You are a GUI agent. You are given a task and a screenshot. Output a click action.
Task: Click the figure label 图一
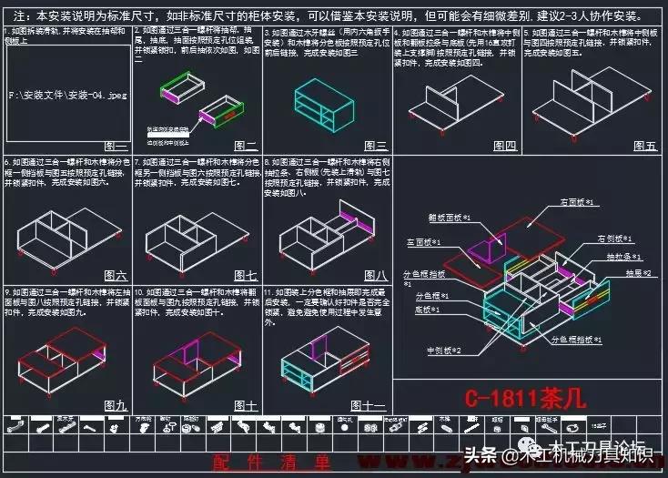point(116,146)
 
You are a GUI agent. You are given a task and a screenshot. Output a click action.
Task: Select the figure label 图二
point(245,146)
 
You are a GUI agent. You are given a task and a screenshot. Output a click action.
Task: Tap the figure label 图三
point(375,146)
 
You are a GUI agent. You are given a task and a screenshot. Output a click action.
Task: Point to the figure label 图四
point(504,146)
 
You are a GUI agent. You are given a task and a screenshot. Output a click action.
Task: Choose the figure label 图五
point(644,146)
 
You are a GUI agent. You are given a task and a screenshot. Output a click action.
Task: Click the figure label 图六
point(116,275)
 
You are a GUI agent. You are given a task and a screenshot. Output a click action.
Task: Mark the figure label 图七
point(245,275)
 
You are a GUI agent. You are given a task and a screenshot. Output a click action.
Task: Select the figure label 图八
point(375,275)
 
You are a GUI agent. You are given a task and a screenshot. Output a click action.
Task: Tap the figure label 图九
point(116,405)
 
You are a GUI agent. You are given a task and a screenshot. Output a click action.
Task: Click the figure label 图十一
point(371,405)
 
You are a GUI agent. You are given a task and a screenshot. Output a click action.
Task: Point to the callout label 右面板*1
point(576,201)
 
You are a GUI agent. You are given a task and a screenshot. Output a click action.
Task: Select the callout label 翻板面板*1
point(449,219)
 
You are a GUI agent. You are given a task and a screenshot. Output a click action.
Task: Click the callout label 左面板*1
point(423,243)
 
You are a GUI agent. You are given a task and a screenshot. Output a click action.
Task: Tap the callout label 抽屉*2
point(635,273)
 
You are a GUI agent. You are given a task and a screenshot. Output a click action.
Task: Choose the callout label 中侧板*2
point(443,351)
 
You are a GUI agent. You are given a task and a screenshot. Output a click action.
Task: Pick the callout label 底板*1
point(429,310)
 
